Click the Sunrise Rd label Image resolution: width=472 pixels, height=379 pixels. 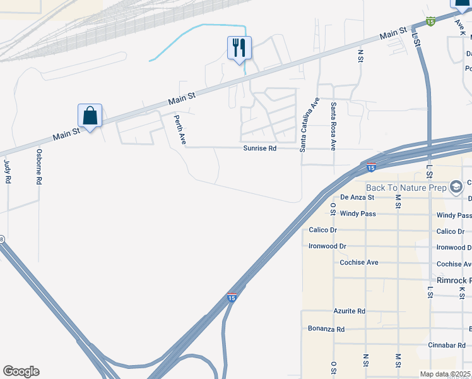260,148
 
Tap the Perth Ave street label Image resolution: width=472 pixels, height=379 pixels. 179,129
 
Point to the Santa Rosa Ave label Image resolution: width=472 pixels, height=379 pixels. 333,126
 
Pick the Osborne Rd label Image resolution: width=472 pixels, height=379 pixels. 38,166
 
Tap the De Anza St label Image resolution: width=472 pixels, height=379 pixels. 357,197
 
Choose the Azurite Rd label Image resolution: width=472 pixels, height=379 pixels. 350,311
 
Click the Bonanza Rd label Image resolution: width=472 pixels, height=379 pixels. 326,329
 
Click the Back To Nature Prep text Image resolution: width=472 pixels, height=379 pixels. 406,188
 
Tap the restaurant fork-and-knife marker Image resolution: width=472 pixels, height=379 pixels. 239,47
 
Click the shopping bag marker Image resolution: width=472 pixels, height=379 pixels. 90,116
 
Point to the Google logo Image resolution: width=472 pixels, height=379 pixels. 21,371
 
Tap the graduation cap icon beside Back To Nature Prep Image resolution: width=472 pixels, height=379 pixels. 456,187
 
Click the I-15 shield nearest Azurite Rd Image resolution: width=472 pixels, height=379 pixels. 232,297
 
